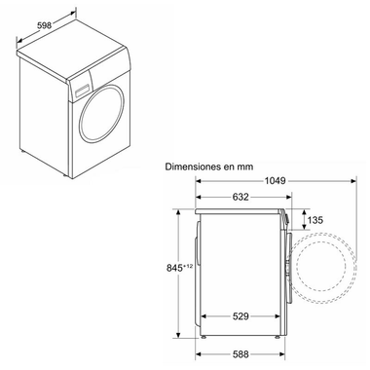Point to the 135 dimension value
pos(315,220)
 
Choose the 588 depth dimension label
pos(239,353)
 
